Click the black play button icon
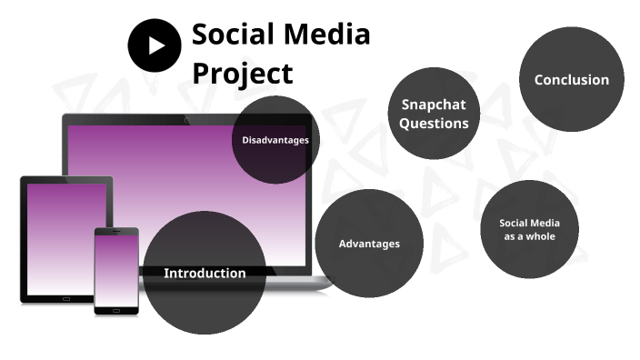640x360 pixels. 155,45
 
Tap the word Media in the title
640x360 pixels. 330,35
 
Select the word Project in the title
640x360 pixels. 243,73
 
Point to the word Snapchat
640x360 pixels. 434,105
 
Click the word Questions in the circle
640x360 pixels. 434,124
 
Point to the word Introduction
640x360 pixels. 205,273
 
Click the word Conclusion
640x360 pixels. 571,80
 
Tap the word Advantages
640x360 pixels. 369,244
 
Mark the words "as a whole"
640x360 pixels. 529,236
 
